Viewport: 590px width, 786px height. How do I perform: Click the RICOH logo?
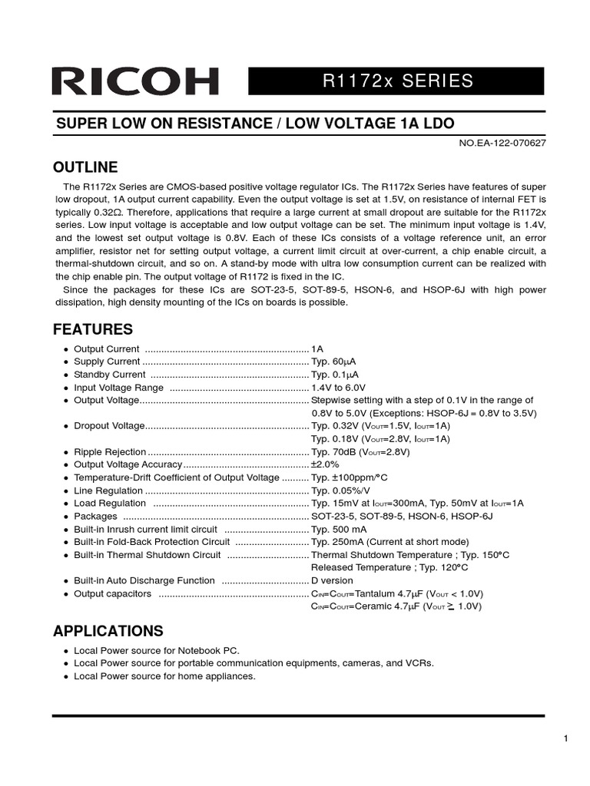[x=134, y=81]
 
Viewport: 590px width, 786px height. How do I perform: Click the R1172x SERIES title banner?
[x=396, y=81]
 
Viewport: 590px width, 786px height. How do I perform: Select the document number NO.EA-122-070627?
[x=502, y=143]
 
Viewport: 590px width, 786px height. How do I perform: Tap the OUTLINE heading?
[x=85, y=167]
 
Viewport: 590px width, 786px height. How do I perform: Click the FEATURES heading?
[x=92, y=330]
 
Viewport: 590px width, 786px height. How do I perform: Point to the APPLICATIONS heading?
[x=108, y=631]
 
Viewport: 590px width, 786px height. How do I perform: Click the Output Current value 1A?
[x=317, y=349]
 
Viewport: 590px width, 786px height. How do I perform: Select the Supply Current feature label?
[x=107, y=362]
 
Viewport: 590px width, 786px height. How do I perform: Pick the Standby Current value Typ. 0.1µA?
[x=335, y=375]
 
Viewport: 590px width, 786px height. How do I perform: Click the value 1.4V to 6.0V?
[x=339, y=388]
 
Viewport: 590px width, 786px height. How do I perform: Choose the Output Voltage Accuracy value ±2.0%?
[x=325, y=465]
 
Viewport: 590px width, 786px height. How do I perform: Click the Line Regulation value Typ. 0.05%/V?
[x=340, y=490]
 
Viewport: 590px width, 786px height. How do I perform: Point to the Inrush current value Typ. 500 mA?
[x=339, y=530]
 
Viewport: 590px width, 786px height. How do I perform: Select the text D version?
[x=332, y=581]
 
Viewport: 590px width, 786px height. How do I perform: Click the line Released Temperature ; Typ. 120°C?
[x=389, y=567]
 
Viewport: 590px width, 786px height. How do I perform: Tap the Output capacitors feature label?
[x=112, y=594]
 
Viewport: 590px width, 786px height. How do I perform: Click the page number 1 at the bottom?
[x=565, y=738]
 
